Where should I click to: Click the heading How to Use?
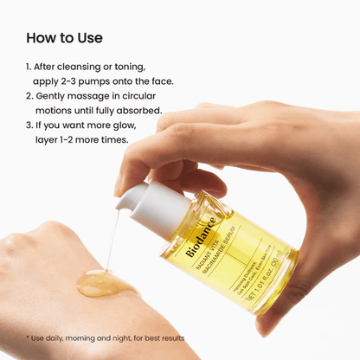64,38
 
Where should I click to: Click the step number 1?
29,67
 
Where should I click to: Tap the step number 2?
29,96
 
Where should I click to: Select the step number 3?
29,125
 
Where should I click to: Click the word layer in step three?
49,140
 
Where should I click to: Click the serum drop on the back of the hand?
102,284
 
